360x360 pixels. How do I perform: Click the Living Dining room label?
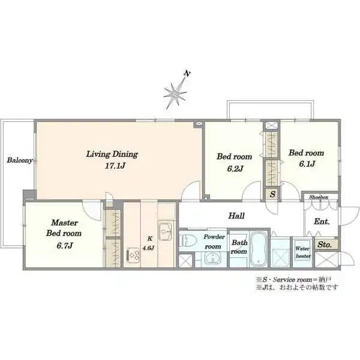coord(112,154)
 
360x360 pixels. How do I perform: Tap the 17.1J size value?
coord(115,166)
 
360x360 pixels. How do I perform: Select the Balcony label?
coord(20,160)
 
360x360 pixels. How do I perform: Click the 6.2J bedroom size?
coord(235,169)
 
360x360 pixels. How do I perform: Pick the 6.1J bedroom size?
coord(307,164)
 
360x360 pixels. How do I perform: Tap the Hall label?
coord(236,216)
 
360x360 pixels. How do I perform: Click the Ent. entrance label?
coord(322,221)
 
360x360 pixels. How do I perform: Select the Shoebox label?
coord(319,197)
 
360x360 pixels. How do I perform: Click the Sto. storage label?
coord(325,245)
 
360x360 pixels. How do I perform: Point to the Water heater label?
coord(303,252)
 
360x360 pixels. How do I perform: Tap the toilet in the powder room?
coord(188,240)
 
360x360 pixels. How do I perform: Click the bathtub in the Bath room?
coord(259,249)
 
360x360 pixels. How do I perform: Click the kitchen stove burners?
coord(133,256)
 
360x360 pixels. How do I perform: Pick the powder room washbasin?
coord(213,259)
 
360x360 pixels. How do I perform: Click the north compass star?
coord(175,94)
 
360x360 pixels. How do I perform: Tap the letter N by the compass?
coord(188,74)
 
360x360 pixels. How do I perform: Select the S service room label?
coord(272,194)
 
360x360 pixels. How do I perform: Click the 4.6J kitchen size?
coord(148,248)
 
